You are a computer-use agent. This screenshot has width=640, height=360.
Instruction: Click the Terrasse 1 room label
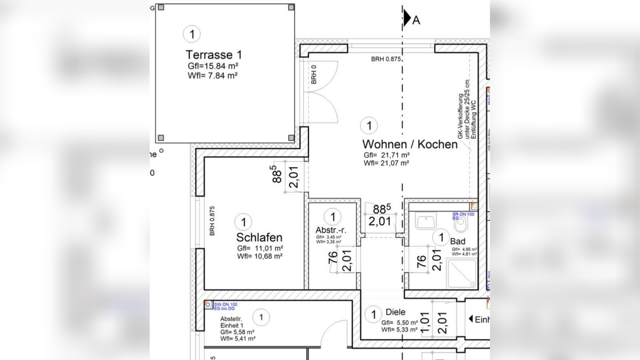tap(214, 54)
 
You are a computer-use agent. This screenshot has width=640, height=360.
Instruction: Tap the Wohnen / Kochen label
tap(409, 144)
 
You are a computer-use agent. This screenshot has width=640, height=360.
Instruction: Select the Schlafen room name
tap(259, 237)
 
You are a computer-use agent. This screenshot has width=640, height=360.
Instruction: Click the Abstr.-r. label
tap(331, 230)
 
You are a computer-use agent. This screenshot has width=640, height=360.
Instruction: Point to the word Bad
tap(457, 241)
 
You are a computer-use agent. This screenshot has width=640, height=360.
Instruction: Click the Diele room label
tap(395, 312)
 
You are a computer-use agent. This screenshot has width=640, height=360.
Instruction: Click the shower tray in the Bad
tap(461, 274)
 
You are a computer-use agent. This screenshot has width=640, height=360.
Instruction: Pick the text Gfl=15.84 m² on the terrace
tap(213, 66)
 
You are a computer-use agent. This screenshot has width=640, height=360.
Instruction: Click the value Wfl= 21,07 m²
tap(386, 163)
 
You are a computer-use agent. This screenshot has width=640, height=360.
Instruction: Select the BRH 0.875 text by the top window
tap(385, 59)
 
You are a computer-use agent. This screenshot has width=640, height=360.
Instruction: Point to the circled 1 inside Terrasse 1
tap(192, 34)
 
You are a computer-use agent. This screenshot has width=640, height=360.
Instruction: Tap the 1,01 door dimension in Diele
tap(425, 323)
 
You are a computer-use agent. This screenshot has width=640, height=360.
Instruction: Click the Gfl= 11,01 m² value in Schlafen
tap(260, 248)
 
